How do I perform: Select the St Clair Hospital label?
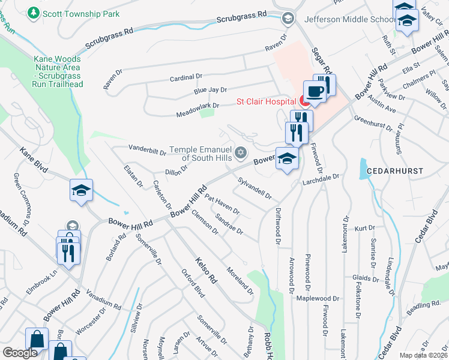click(x=262, y=101)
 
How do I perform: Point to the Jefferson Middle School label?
click(x=348, y=19)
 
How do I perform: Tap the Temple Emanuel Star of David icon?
click(x=241, y=152)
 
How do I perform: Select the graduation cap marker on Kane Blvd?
click(x=81, y=191)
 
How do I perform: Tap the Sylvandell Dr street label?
click(x=255, y=188)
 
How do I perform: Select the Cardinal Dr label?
click(x=185, y=77)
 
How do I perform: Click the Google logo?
click(x=20, y=353)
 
